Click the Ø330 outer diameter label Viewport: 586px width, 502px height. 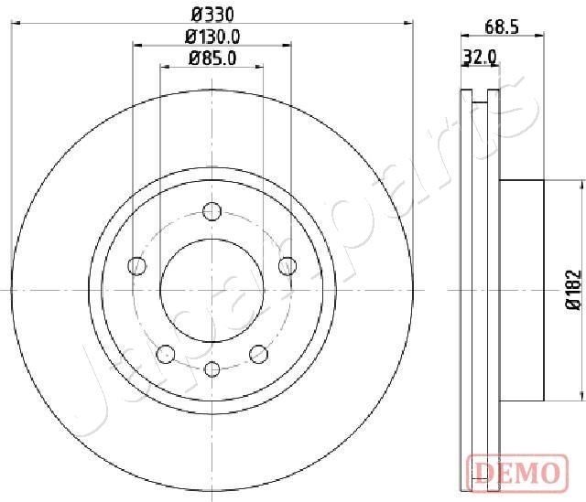coord(212,15)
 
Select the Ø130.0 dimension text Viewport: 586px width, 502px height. coord(212,37)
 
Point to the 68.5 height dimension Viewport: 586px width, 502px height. coord(502,27)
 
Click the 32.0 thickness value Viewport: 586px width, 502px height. coord(480,57)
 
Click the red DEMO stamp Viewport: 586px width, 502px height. coord(515,472)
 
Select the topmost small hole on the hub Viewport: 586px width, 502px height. coord(212,210)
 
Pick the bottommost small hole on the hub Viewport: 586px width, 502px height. coord(212,368)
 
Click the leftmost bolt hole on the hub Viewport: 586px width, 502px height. coord(137,266)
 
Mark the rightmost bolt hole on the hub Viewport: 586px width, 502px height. coord(287,266)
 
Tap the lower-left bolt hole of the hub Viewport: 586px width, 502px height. coord(166,353)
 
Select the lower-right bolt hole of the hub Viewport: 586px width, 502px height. coord(258,353)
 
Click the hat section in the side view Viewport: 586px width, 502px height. coord(522,289)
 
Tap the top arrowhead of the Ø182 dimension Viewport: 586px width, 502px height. coord(581,184)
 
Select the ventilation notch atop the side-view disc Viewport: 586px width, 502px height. coord(480,92)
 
